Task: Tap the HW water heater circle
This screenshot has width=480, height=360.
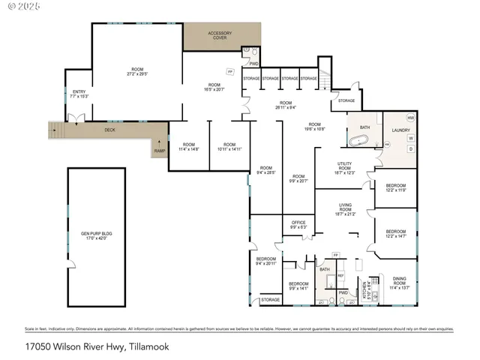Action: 410,118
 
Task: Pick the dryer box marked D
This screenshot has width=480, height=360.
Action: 410,148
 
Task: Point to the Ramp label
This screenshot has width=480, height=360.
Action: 160,151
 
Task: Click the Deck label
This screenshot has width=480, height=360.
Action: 109,130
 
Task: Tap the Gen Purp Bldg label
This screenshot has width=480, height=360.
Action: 95,235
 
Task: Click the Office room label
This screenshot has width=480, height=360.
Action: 298,224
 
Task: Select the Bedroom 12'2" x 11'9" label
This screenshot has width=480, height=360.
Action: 395,187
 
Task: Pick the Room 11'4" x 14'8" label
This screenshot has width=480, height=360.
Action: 187,148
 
